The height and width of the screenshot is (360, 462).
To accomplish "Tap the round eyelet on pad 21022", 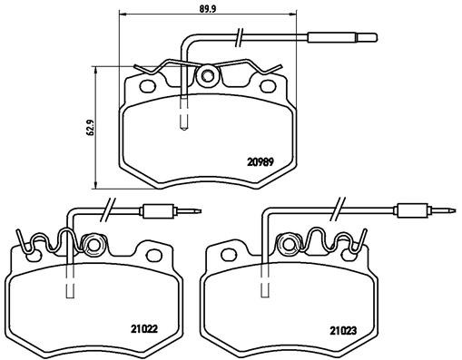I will click(92, 244).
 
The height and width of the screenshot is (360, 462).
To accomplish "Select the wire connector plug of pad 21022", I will click(160, 213).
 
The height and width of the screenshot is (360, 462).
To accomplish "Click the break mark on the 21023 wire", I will click(339, 207).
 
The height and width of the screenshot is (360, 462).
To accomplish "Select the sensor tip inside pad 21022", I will click(69, 290).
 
